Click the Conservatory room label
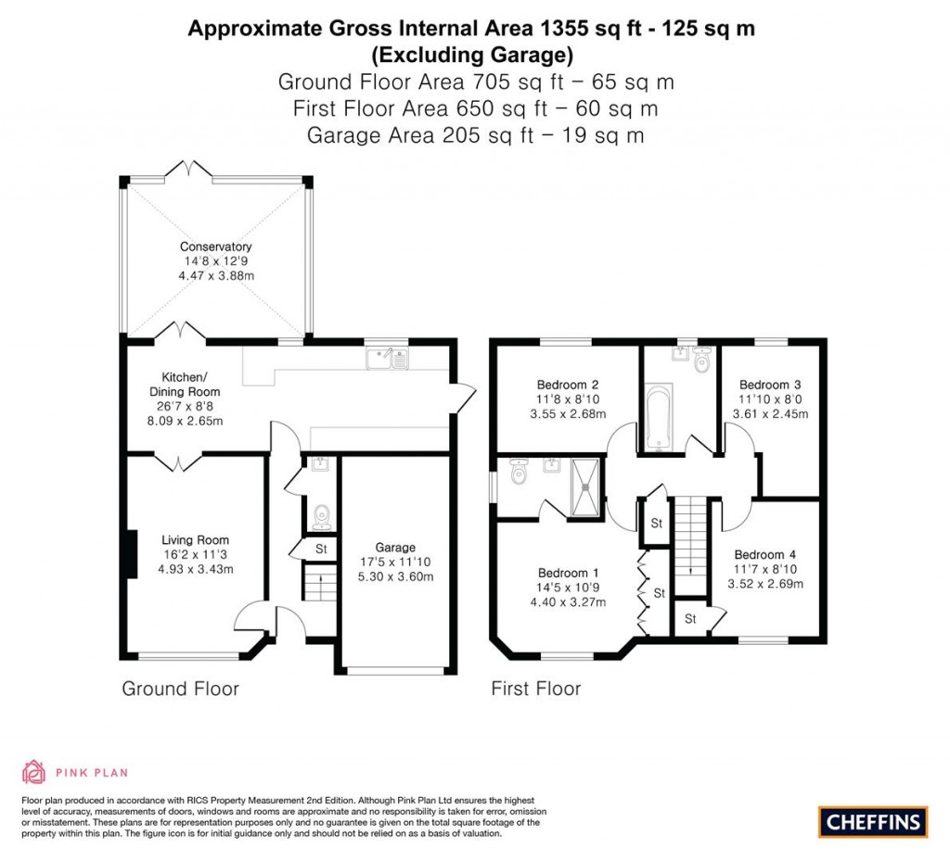click(x=216, y=247)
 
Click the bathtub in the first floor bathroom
click(x=659, y=418)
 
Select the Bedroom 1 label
click(x=562, y=573)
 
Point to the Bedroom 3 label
click(x=770, y=385)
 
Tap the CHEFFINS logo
click(x=873, y=821)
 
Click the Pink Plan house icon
click(x=33, y=771)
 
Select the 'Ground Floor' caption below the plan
click(x=180, y=689)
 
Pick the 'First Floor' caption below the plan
click(x=535, y=689)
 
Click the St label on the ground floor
click(x=322, y=550)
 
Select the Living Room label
click(x=195, y=540)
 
